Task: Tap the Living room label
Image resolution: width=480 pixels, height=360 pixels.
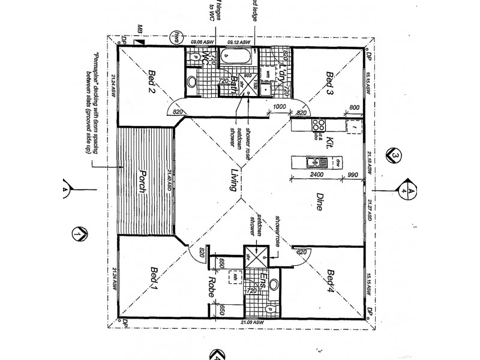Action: coord(230,180)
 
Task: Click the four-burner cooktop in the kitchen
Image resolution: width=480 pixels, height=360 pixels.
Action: coord(317,126)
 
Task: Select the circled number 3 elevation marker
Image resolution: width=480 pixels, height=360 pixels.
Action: coord(395,155)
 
